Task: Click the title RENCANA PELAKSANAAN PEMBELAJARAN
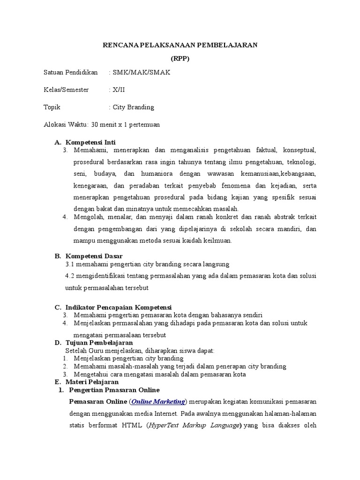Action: pos(180,45)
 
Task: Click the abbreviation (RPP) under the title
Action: pos(180,59)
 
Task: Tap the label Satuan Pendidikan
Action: pos(70,72)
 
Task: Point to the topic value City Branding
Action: pos(133,107)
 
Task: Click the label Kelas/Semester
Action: pos(66,90)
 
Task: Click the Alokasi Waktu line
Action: pos(102,125)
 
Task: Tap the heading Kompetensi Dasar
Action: pos(94,256)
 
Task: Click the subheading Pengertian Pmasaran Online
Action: pos(114,390)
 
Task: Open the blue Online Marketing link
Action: pos(158,402)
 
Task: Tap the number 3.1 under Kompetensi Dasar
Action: pos(70,264)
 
